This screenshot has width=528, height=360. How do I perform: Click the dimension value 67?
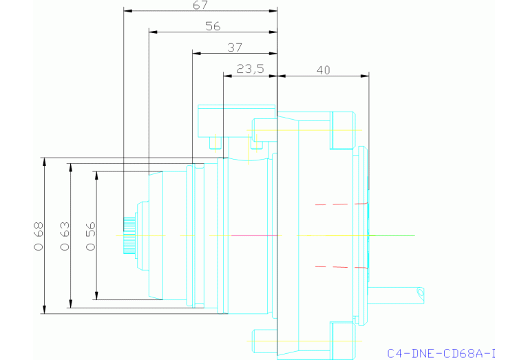pyautogui.click(x=200, y=5)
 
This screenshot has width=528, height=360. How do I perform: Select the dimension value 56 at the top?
pyautogui.click(x=213, y=26)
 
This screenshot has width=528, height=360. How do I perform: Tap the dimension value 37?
pyautogui.click(x=235, y=47)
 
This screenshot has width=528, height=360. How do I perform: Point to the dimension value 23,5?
pyautogui.click(x=250, y=69)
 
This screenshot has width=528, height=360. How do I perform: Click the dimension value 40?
pyautogui.click(x=324, y=69)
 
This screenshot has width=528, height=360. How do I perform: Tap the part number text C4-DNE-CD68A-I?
pyautogui.click(x=441, y=353)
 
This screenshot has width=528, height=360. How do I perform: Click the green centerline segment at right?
pyautogui.click(x=392, y=235)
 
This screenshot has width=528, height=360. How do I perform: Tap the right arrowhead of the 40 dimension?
pyautogui.click(x=366, y=75)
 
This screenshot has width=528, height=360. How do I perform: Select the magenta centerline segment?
pyautogui.click(x=255, y=235)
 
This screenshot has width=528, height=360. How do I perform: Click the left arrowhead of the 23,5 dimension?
pyautogui.click(x=227, y=75)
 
